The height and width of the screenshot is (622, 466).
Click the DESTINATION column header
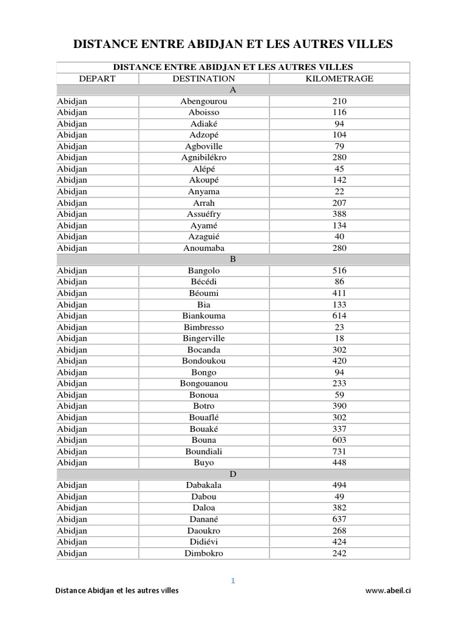[x=204, y=79]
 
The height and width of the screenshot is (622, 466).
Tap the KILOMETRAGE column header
[x=339, y=79]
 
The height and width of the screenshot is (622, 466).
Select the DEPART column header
[x=97, y=79]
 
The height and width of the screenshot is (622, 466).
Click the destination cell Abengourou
[x=204, y=101]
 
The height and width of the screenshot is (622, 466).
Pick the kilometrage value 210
[x=339, y=101]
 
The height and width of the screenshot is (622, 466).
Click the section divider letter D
[x=232, y=474]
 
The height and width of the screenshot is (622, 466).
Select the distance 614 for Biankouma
[x=339, y=316]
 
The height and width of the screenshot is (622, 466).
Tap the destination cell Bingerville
[x=204, y=338]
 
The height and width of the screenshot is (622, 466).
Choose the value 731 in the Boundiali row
[x=339, y=451]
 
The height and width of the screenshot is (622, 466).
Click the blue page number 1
[x=232, y=581]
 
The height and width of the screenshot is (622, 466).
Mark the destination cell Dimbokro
[x=204, y=553]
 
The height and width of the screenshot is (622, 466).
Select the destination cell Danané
[x=204, y=519]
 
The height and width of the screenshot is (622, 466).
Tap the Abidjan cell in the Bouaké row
[x=72, y=429]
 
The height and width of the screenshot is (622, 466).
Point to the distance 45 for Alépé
[x=339, y=169]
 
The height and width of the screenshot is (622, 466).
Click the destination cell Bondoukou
[x=204, y=361]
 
